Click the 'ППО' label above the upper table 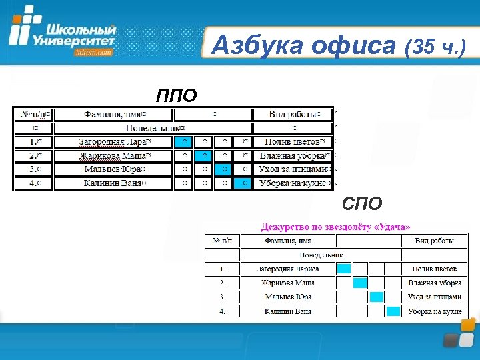click(x=177, y=96)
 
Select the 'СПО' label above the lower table click(x=362, y=203)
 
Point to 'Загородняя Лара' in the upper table click(x=115, y=142)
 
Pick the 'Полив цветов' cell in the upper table click(x=294, y=142)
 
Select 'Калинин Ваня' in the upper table click(x=115, y=183)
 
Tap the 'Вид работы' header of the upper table click(x=293, y=115)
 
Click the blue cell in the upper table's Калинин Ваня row click(x=244, y=183)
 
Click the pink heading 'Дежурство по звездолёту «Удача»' click(x=336, y=227)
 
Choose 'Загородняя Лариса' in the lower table click(x=288, y=269)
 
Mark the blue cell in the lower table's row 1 click(x=344, y=269)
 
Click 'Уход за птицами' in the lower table click(x=435, y=297)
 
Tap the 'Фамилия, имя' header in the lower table click(x=288, y=241)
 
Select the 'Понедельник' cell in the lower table click(x=321, y=255)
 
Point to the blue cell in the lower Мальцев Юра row click(x=377, y=297)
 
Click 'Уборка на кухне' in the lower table click(x=435, y=311)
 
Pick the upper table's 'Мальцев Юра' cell click(x=115, y=169)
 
